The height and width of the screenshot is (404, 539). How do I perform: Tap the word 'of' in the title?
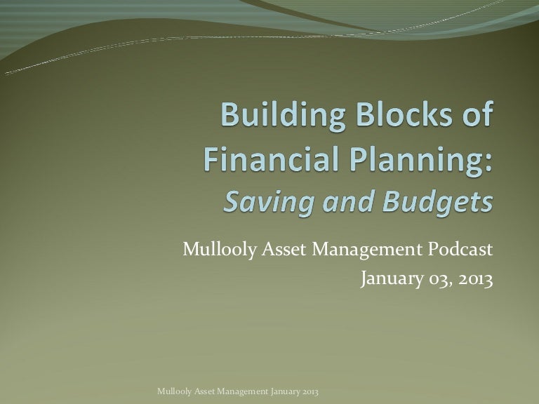pos(474,114)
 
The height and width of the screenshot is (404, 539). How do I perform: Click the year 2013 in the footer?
pos(321,390)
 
